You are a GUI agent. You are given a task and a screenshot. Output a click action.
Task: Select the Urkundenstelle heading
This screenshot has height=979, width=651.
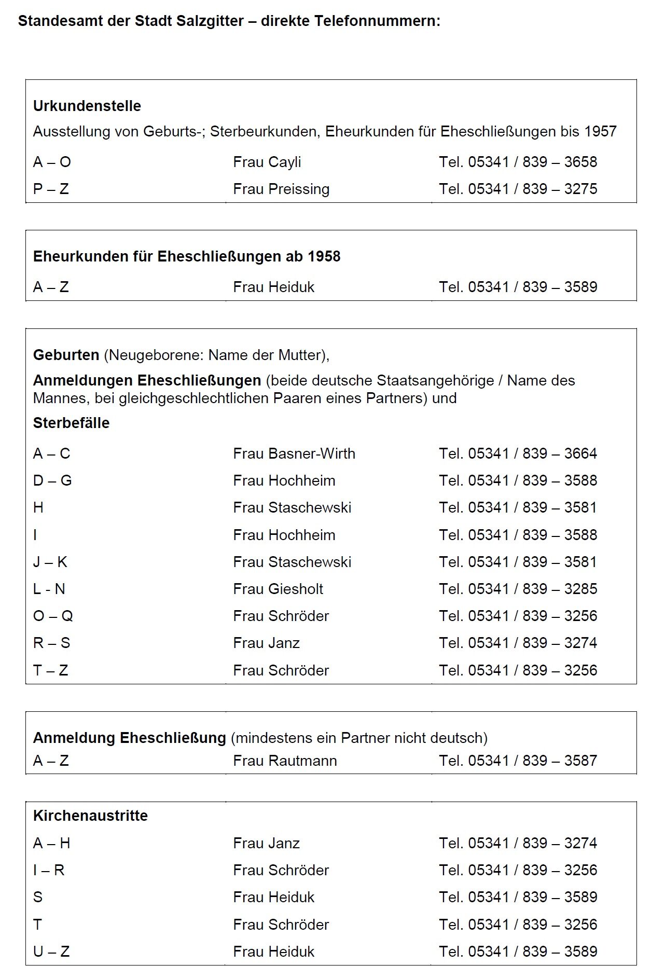[87, 106]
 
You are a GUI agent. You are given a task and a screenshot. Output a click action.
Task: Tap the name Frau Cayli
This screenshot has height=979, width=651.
[267, 162]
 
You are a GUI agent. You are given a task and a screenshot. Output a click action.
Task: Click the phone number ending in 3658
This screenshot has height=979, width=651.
[518, 162]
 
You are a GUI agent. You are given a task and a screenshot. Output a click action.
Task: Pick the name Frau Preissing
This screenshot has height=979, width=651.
[281, 189]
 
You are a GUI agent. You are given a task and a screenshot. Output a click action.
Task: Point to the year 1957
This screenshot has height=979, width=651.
[600, 131]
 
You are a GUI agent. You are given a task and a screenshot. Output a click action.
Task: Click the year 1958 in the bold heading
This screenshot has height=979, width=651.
[324, 256]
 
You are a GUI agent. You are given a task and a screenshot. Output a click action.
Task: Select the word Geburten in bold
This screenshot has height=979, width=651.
[66, 355]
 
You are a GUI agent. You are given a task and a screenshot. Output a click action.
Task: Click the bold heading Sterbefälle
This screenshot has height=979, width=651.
[71, 423]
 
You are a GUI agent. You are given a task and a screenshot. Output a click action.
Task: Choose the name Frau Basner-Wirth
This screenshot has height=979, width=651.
[294, 453]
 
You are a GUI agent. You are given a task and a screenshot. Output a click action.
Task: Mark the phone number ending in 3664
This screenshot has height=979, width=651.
[518, 453]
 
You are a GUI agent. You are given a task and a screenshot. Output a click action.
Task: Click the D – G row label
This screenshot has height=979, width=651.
[52, 480]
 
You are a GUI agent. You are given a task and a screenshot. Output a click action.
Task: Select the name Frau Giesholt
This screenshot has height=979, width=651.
[278, 589]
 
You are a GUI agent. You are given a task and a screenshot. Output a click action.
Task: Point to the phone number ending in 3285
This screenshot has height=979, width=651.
[518, 589]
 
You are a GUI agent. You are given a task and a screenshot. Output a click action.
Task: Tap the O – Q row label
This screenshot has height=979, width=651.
[53, 616]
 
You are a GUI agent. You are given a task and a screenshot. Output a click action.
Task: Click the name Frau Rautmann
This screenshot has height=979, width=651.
[285, 761]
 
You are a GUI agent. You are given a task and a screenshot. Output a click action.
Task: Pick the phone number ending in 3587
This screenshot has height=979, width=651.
[518, 761]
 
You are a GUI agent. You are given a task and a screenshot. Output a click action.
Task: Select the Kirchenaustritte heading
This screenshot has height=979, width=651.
[90, 816]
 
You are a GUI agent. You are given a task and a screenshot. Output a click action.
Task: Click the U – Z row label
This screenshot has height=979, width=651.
[51, 952]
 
